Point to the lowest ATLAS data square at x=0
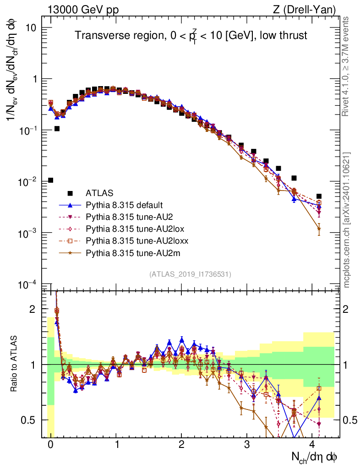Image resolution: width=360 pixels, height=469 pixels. click(x=50, y=180)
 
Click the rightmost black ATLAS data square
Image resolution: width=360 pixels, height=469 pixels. click(x=319, y=196)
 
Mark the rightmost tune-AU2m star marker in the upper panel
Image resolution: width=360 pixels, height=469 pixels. click(x=319, y=228)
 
